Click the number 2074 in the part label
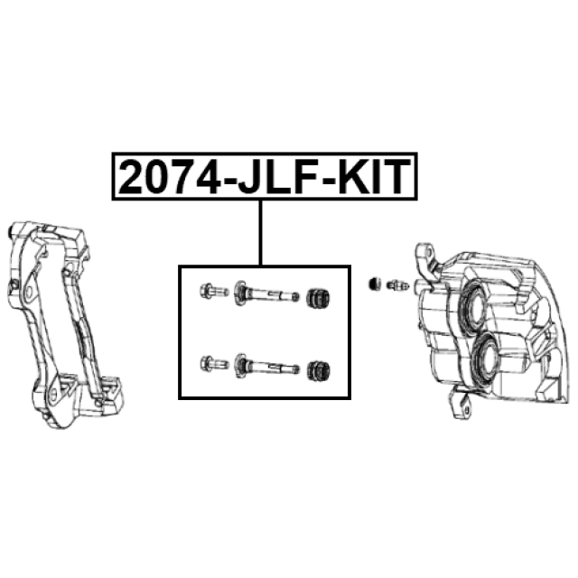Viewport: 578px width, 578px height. click(x=169, y=177)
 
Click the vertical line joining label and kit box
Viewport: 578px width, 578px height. click(x=261, y=233)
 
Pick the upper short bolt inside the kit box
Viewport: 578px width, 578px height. click(x=214, y=291)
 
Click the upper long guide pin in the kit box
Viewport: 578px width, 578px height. click(x=266, y=294)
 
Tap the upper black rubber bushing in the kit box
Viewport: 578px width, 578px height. click(x=318, y=298)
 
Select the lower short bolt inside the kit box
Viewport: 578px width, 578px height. click(x=214, y=363)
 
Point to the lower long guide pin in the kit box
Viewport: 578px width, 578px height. click(x=266, y=366)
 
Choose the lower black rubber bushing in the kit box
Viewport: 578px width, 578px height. click(x=318, y=371)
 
